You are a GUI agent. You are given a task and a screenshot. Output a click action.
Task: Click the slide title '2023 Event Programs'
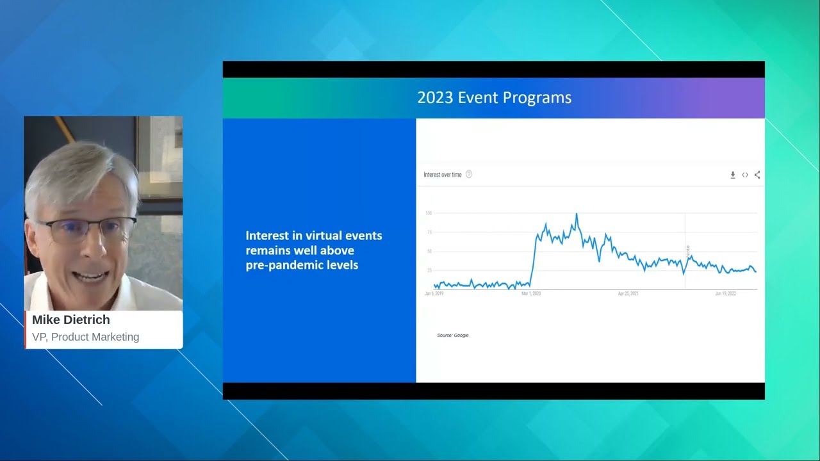coord(494,98)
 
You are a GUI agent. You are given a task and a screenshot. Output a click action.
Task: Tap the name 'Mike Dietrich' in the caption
coord(70,320)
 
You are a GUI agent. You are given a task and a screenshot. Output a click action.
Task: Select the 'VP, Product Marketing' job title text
coord(85,337)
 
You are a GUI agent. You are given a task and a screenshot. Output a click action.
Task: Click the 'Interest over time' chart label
coord(442,175)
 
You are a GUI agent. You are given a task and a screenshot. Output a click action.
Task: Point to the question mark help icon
coord(469,174)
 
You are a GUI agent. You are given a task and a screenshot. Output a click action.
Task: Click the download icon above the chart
coord(733,175)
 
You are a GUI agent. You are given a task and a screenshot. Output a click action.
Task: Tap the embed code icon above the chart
coord(745,175)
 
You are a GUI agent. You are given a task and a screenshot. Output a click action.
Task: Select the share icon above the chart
coord(757,175)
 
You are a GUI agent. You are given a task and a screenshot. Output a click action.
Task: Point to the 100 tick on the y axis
coord(428,213)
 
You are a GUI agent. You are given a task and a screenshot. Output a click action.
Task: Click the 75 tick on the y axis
coord(429,232)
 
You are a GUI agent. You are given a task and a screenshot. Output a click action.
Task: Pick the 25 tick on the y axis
coord(429,270)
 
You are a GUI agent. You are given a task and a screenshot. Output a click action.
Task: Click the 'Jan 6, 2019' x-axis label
coord(434,294)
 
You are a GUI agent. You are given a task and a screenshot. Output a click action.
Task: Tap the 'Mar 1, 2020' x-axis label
coord(531,294)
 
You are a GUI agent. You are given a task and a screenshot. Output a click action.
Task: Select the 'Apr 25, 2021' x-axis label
coord(628,294)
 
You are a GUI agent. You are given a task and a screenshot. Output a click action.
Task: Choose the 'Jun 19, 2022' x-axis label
coord(725,294)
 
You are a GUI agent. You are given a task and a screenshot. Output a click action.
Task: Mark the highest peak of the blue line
coord(577,214)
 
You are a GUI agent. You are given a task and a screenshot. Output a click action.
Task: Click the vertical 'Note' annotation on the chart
coord(687,251)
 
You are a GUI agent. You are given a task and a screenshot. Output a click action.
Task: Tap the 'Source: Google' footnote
coord(452,336)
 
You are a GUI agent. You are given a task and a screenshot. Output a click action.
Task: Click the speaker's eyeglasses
coord(86,229)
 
